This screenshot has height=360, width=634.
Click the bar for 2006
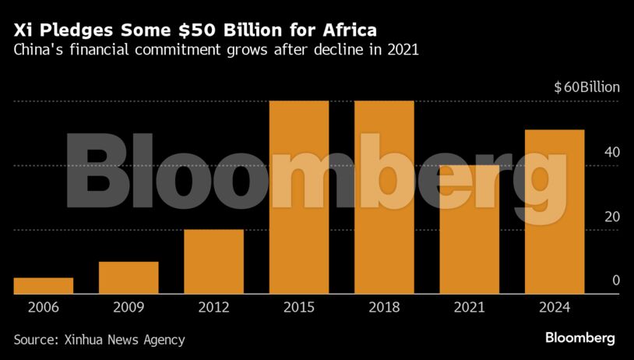44,286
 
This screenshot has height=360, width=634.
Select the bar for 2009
129,278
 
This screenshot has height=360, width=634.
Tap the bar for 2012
213,262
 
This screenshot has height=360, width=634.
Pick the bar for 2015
299,198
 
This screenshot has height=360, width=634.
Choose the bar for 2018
384,198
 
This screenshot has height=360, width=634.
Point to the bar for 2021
469,230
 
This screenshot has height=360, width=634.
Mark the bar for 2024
554,212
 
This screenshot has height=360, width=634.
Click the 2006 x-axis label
44,307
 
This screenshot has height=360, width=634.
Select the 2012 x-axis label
213,307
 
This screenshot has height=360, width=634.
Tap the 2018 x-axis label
384,307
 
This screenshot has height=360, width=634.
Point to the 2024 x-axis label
554,307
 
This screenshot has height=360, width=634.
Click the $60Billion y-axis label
586,87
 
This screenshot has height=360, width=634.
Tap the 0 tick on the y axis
615,280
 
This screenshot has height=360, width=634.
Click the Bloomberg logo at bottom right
579,338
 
